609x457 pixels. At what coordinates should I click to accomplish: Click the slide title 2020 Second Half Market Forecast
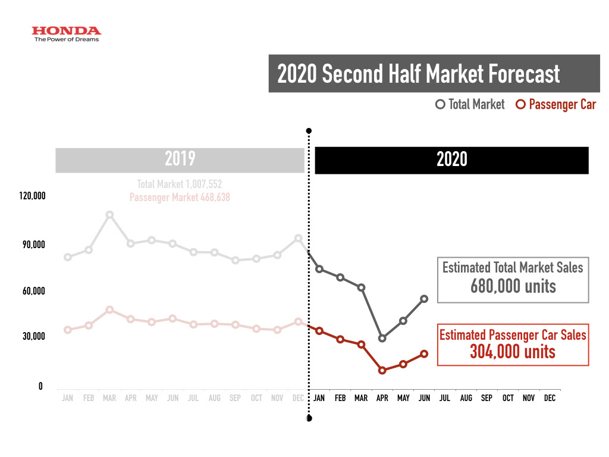point(419,74)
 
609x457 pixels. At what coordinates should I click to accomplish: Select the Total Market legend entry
point(470,105)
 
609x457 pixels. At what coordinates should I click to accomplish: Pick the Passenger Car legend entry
point(555,105)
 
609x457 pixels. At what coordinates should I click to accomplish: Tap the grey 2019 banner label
point(180,159)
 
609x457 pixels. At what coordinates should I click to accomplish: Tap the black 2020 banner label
point(451,159)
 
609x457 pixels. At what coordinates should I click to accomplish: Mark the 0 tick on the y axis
point(40,386)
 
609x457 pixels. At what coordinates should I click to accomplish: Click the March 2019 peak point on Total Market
point(109,215)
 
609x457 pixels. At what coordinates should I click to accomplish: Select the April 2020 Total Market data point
point(382,339)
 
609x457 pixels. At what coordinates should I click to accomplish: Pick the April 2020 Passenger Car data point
point(382,370)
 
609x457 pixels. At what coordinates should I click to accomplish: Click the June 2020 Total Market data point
point(424,299)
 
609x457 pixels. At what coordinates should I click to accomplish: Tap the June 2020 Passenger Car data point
point(424,354)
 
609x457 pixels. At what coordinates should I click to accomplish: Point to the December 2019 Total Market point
point(299,238)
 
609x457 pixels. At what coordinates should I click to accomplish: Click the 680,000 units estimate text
point(513,286)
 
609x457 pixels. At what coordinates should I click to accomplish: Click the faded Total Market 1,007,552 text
point(180,184)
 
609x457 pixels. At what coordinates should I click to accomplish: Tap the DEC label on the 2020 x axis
point(550,398)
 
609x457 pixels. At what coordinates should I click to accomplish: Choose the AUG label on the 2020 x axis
point(466,398)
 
